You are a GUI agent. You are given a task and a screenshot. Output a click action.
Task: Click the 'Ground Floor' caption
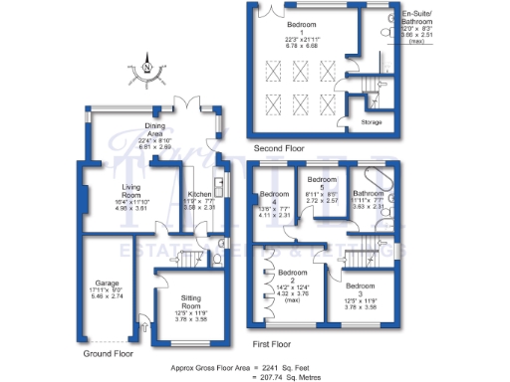pyautogui.click(x=109, y=353)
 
